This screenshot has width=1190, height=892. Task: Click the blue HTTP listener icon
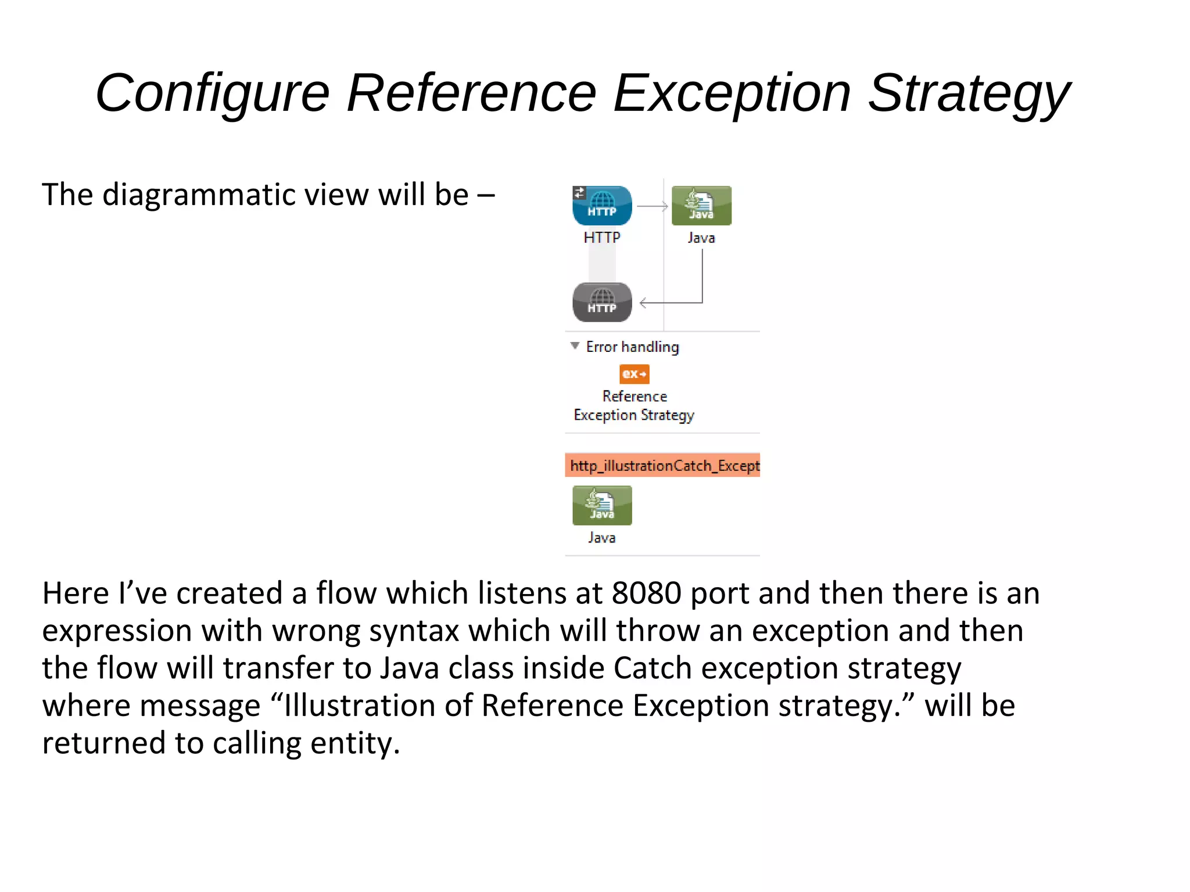(x=602, y=206)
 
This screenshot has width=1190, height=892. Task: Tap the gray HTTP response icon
(x=602, y=302)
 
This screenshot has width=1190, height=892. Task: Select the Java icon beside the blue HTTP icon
(x=701, y=206)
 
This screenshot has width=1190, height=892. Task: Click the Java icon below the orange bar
(x=602, y=505)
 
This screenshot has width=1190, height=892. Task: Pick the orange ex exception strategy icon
(x=634, y=374)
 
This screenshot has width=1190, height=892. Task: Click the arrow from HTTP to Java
(x=652, y=206)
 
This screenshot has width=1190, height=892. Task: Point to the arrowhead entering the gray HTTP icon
(x=643, y=303)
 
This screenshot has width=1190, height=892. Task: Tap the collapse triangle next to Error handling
(x=575, y=346)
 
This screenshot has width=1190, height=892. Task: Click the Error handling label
(x=632, y=347)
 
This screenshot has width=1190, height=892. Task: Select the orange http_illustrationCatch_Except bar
(x=662, y=465)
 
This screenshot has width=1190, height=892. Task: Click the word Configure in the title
(x=213, y=93)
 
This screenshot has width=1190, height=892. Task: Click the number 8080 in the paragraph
(x=646, y=594)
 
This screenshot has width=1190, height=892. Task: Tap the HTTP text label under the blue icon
(x=602, y=238)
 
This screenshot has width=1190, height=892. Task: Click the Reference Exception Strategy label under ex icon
(x=634, y=405)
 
